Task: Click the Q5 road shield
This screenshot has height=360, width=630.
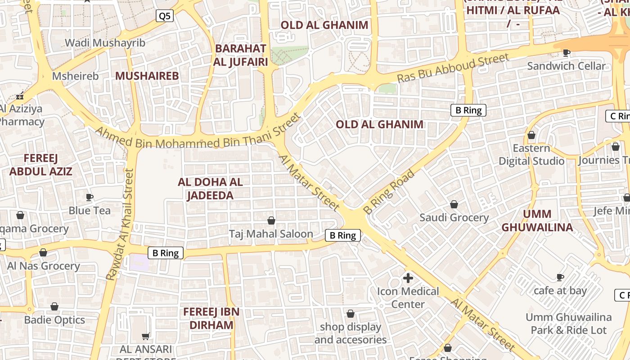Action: pyautogui.click(x=165, y=16)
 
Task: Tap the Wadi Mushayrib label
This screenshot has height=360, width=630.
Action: pyautogui.click(x=105, y=43)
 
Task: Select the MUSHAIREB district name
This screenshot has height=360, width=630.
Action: pyautogui.click(x=147, y=76)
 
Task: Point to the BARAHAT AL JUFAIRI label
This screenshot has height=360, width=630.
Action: pyautogui.click(x=241, y=55)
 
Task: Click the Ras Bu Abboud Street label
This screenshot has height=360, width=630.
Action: pyautogui.click(x=453, y=68)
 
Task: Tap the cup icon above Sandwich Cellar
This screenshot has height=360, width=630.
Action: pyautogui.click(x=567, y=53)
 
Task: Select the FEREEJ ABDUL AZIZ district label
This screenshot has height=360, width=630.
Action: pyautogui.click(x=41, y=165)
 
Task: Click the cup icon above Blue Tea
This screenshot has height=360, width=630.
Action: pyautogui.click(x=90, y=197)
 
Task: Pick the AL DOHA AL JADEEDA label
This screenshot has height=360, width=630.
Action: pyautogui.click(x=210, y=189)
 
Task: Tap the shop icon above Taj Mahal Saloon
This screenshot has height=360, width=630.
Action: pyautogui.click(x=271, y=220)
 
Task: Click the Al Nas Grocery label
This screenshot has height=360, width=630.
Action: pyautogui.click(x=43, y=266)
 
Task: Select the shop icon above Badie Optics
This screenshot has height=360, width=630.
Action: pyautogui.click(x=54, y=307)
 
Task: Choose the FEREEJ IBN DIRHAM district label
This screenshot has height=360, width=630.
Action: pyautogui.click(x=211, y=318)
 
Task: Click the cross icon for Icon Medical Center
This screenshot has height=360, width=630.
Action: pyautogui.click(x=408, y=278)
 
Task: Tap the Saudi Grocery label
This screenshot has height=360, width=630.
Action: pyautogui.click(x=454, y=218)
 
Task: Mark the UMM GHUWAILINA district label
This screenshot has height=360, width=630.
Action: pyautogui.click(x=537, y=220)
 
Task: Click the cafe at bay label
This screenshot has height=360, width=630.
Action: pyautogui.click(x=560, y=291)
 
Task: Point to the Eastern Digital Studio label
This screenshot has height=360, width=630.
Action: pyautogui.click(x=531, y=154)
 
